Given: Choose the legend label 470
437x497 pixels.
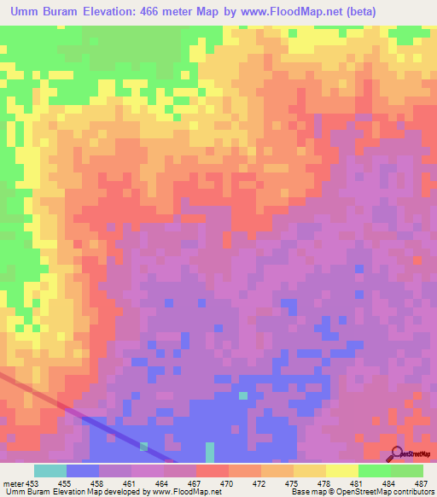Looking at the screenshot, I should point(227,483).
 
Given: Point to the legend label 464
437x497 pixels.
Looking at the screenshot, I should point(163,483).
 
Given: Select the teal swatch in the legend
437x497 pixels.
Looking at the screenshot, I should point(50,471).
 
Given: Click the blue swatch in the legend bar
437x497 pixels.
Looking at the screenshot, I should point(83,471).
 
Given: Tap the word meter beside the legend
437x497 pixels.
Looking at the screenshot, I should point(13,483).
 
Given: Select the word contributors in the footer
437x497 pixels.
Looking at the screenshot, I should point(413,493).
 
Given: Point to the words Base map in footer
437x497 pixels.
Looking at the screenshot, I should point(307,493).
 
